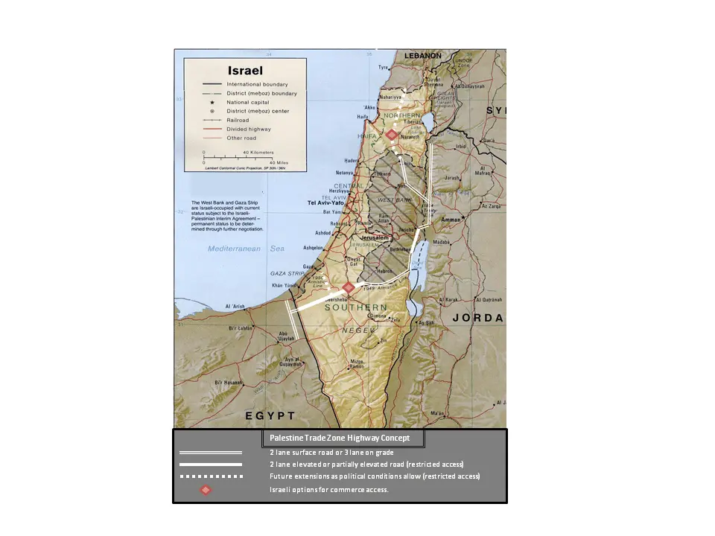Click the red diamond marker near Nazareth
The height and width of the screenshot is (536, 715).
pyautogui.click(x=392, y=135)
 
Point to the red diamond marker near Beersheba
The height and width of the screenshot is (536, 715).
pyautogui.click(x=348, y=288)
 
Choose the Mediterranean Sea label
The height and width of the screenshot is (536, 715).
pyautogui.click(x=235, y=249)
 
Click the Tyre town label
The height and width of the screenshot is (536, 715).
pyautogui.click(x=384, y=68)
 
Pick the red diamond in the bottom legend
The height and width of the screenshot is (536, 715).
pyautogui.click(x=206, y=490)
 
